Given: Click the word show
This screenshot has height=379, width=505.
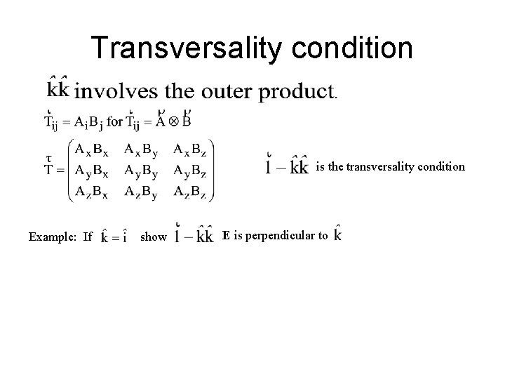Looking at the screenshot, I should (154, 237).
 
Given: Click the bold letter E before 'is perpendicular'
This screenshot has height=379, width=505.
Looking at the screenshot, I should (226, 236).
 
